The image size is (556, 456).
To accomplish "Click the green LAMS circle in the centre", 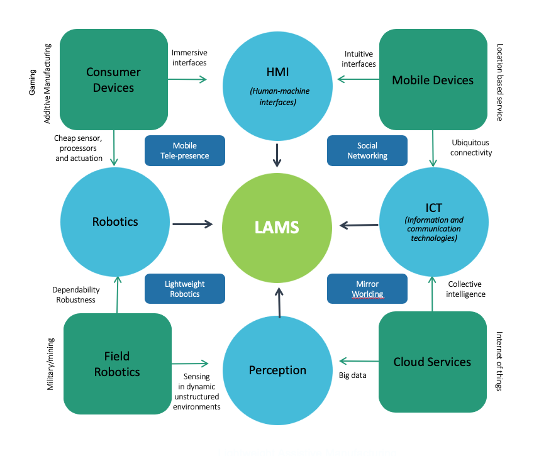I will (x=277, y=226).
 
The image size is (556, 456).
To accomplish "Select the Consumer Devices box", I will (x=114, y=80).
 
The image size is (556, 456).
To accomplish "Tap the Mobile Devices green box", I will (x=433, y=80).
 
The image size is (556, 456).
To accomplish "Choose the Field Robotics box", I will (x=118, y=364).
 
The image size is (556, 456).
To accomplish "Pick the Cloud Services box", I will (x=432, y=362).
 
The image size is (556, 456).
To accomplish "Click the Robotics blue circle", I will (x=115, y=221).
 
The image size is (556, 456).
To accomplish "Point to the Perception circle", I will (x=277, y=370).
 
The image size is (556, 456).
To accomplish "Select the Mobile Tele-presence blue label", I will (x=185, y=151).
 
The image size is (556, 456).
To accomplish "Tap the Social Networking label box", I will (x=367, y=151).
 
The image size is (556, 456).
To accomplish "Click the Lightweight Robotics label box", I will (x=185, y=289).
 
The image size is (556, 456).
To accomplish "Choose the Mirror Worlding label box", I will (x=367, y=289).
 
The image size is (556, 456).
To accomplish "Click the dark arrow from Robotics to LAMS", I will (x=194, y=223).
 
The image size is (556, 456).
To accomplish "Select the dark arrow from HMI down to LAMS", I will (x=277, y=155).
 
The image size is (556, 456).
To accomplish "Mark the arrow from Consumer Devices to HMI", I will (x=187, y=79).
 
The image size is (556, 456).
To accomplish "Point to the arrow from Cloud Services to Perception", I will (x=359, y=361).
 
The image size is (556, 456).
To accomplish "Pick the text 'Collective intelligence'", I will (x=467, y=289).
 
